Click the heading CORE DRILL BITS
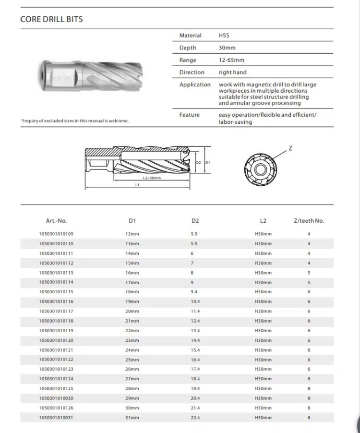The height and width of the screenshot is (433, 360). pos(51,20)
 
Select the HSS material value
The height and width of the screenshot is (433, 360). pos(224,36)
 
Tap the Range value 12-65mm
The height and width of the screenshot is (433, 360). pos(231,60)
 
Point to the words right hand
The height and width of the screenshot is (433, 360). pos(232,72)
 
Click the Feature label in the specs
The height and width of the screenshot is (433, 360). pos(189,115)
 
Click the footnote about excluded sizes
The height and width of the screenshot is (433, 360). pos(74,121)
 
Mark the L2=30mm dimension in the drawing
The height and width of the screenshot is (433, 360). pos(151,178)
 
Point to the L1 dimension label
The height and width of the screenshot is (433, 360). pos(137,185)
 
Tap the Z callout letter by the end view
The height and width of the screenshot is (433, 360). pos(290,149)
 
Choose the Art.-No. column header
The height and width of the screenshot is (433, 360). pos(56,221)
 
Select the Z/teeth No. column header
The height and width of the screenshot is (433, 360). pos(309,221)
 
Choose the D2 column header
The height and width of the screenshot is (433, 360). pos(195,221)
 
